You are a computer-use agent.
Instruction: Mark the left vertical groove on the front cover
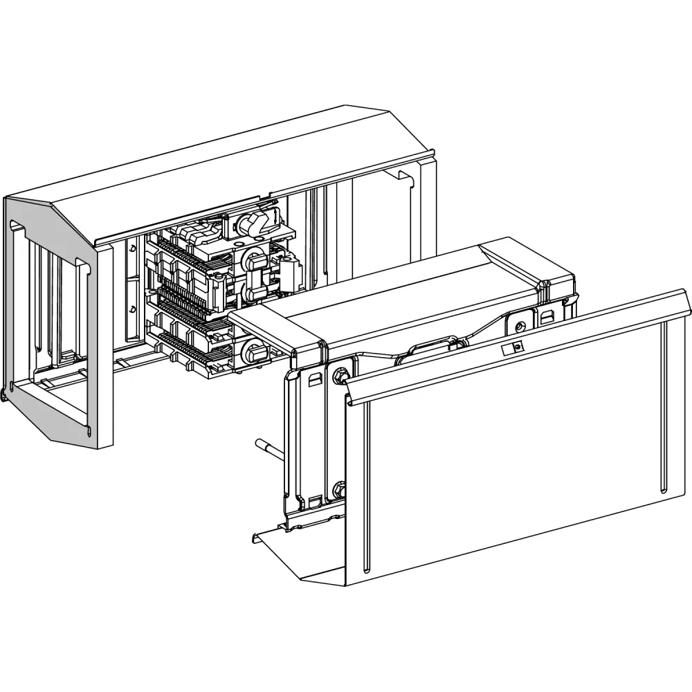point(365,484)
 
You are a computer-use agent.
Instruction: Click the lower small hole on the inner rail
point(132,308)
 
